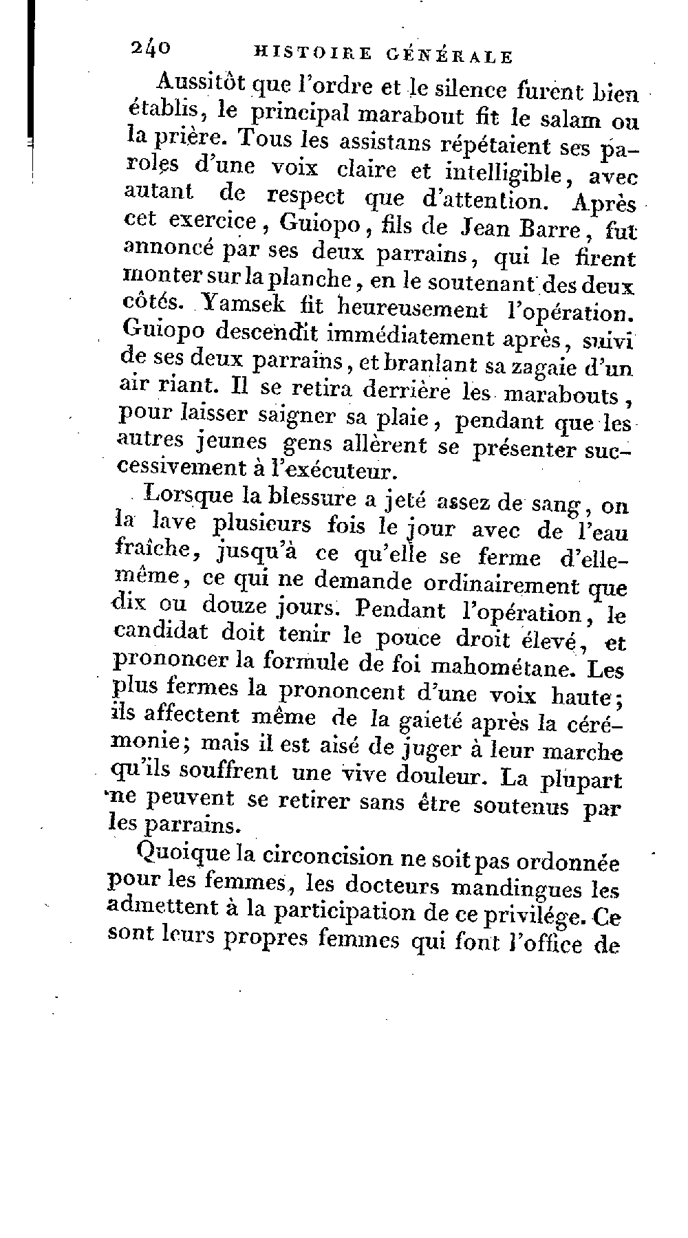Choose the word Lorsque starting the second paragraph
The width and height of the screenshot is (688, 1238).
click(180, 497)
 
